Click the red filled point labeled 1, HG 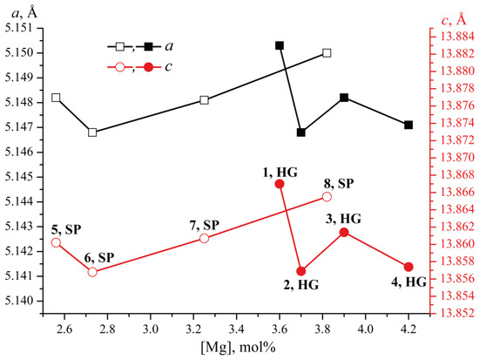[x=280, y=184]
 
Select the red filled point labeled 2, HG [x=301, y=271]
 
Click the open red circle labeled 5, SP [x=56, y=242]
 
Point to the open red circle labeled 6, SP [x=92, y=272]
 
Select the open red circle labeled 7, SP [x=204, y=238]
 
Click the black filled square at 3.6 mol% [x=280, y=45]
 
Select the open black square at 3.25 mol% [x=204, y=100]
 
